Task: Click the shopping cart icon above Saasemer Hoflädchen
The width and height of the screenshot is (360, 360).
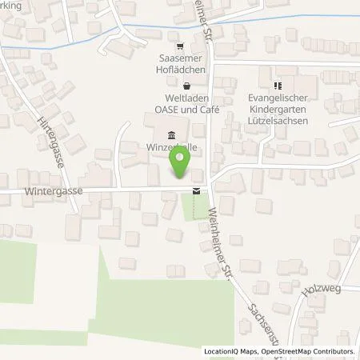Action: (180, 46)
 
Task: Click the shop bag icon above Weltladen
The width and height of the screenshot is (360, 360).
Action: (186, 86)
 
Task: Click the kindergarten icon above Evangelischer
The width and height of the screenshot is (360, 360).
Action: (278, 86)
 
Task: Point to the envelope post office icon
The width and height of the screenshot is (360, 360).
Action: (197, 190)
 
